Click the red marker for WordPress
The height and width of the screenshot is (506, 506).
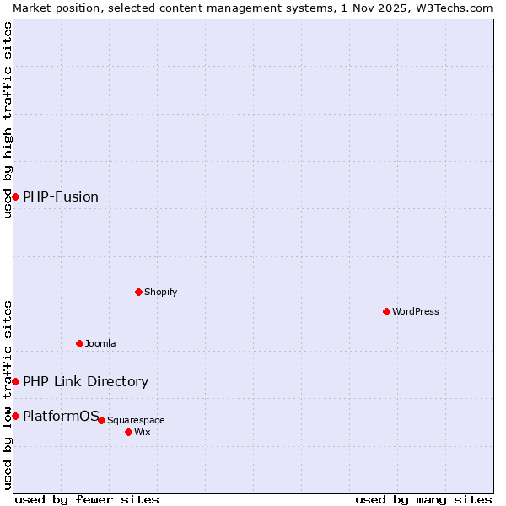(x=386, y=311)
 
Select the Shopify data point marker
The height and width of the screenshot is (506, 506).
(x=138, y=292)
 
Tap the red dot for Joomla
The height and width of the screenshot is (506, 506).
(x=79, y=343)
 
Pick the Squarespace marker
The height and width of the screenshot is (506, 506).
(x=101, y=420)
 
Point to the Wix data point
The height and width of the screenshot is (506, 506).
(x=128, y=432)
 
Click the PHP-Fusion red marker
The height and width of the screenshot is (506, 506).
(x=15, y=196)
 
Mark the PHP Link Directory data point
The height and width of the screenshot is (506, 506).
(x=15, y=381)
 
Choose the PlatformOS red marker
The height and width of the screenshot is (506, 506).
(x=15, y=416)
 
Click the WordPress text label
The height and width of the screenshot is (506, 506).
(x=416, y=311)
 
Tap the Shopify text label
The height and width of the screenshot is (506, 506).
(x=160, y=292)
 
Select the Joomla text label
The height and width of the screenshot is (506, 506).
(x=100, y=343)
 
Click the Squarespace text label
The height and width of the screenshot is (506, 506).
(x=136, y=420)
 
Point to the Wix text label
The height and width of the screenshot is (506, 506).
(x=143, y=432)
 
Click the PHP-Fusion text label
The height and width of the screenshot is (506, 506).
(x=61, y=196)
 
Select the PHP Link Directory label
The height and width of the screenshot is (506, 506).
(x=85, y=381)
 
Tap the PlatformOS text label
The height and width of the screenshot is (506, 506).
(x=61, y=416)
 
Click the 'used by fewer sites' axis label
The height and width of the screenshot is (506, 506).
(x=87, y=499)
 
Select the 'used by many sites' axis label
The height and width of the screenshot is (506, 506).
(x=423, y=499)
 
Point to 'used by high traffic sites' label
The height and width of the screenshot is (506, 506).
(x=8, y=120)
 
